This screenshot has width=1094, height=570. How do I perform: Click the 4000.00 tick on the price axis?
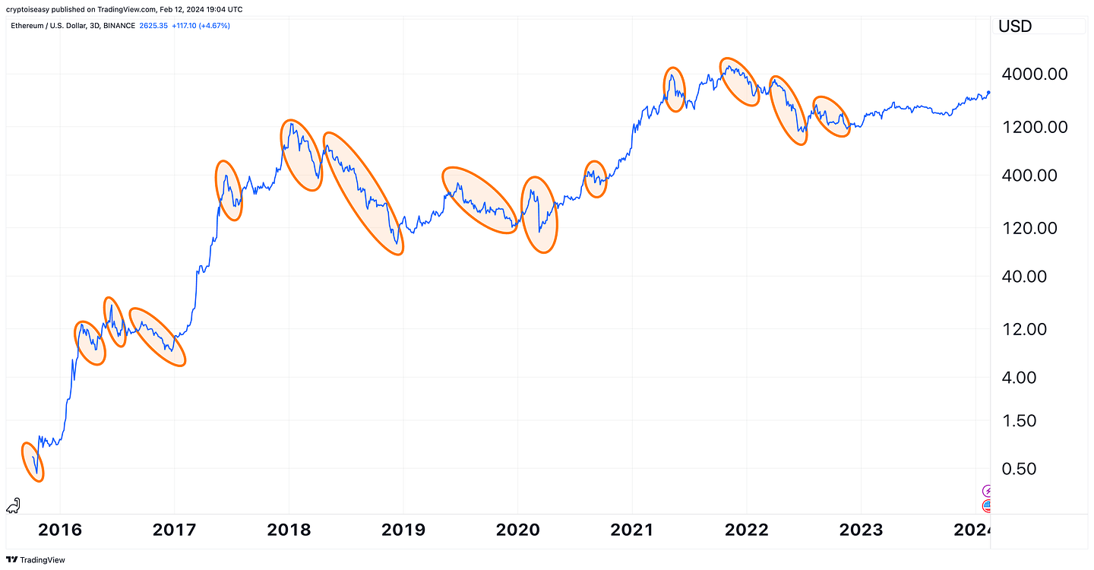[x=1035, y=74]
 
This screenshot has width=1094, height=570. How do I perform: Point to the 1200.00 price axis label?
[x=1035, y=127]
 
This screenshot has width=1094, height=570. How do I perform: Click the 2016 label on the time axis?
[x=59, y=530]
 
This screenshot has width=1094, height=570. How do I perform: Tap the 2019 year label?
[x=403, y=530]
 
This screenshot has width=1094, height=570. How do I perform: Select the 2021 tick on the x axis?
[x=632, y=530]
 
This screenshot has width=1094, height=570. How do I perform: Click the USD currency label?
[x=1015, y=27]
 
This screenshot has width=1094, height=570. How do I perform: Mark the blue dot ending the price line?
[x=988, y=93]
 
